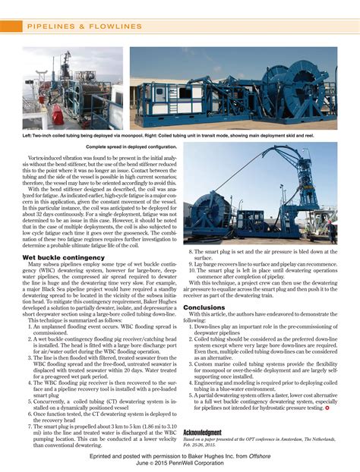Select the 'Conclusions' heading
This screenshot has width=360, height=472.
click(204, 307)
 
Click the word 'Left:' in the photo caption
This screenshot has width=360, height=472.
click(27, 135)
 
